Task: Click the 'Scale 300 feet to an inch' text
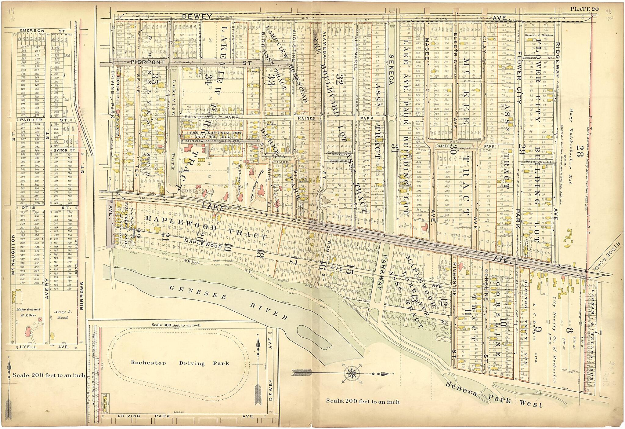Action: tap(176, 325)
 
